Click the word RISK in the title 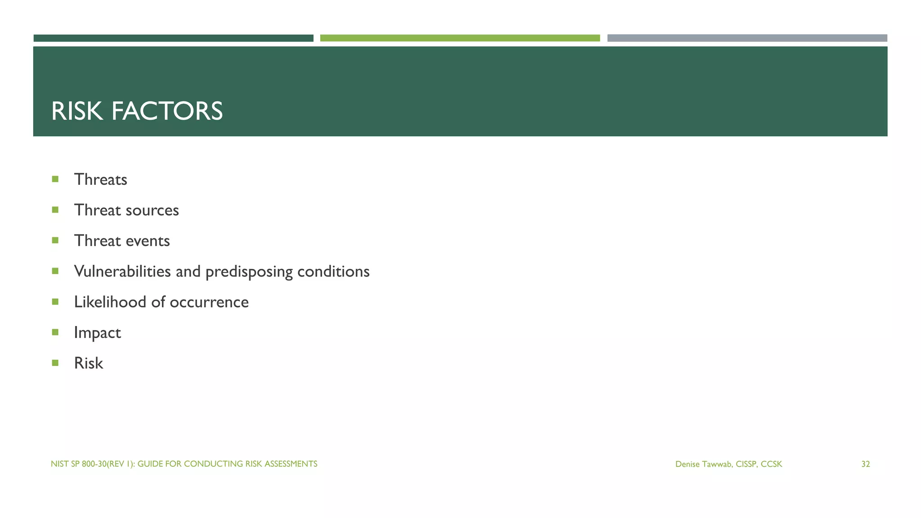77,111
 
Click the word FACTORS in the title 167,111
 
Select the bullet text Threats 100,179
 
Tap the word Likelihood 110,302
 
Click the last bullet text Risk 89,363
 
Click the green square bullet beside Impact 55,332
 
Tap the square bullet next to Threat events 55,240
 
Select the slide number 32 865,464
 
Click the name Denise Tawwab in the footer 703,464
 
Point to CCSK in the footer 771,464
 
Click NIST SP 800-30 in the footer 79,464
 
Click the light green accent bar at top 460,38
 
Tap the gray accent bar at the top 747,38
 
